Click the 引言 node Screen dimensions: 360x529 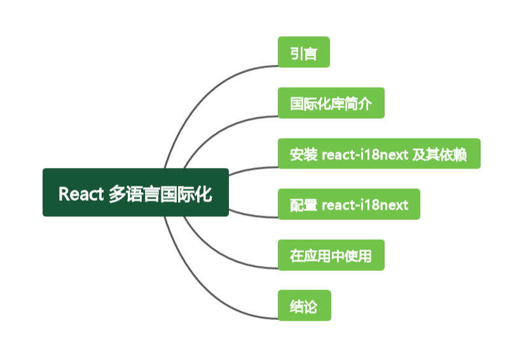pyautogui.click(x=303, y=52)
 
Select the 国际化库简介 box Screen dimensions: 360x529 pyautogui.click(x=331, y=103)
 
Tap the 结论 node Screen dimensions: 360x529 pyautogui.click(x=304, y=307)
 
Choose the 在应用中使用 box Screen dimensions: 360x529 pyautogui.click(x=331, y=256)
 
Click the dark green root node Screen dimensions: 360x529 pyautogui.click(x=135, y=192)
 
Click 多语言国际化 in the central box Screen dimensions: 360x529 pyautogui.click(x=160, y=193)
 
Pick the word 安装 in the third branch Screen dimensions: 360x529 pyautogui.click(x=302, y=154)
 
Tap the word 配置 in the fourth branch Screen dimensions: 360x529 pyautogui.click(x=302, y=205)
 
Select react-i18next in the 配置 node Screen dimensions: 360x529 pyautogui.click(x=365, y=205)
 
